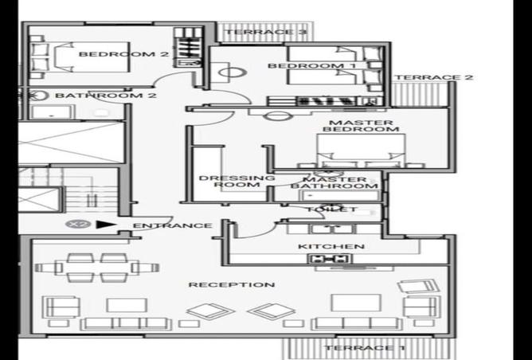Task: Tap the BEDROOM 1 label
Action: tap(300, 65)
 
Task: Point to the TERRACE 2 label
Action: tap(434, 77)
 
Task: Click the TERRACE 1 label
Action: tap(359, 348)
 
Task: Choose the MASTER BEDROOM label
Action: tap(358, 125)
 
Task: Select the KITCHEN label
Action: tap(331, 247)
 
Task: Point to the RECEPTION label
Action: tap(232, 284)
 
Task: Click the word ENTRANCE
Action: tap(172, 225)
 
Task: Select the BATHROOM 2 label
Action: tap(105, 96)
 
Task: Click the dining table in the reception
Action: tap(101, 268)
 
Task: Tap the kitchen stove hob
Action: tap(331, 259)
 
